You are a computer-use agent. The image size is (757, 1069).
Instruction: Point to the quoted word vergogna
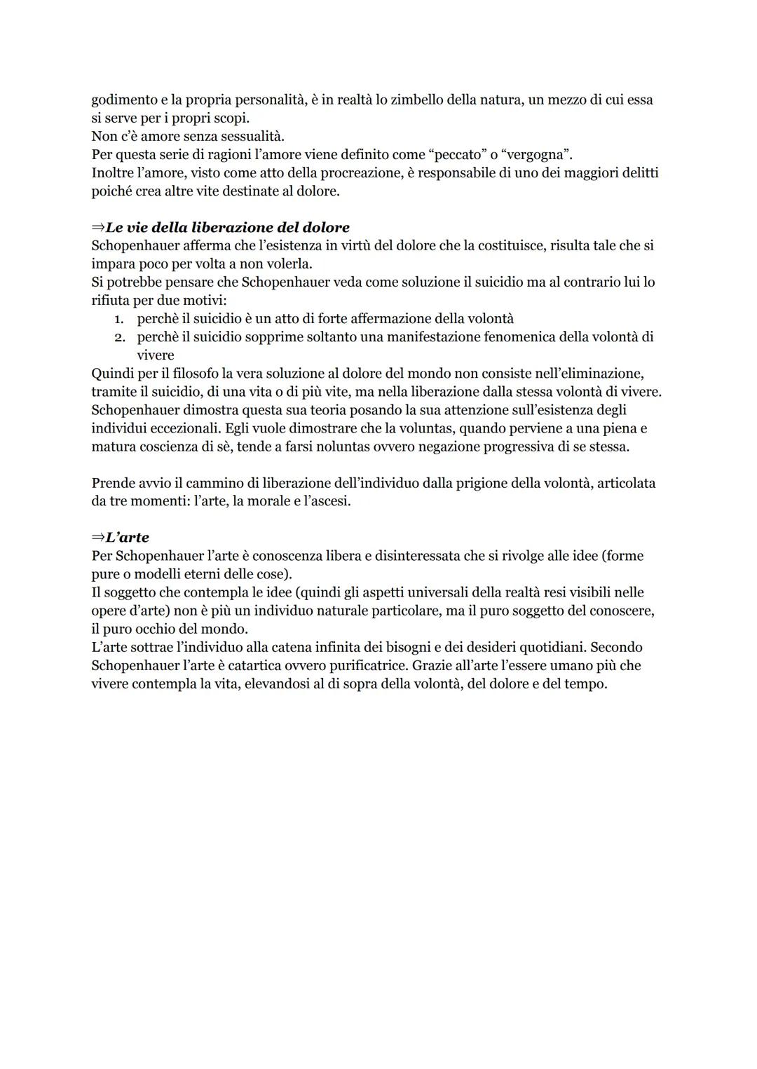point(536,154)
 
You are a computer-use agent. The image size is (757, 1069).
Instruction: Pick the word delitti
point(636,172)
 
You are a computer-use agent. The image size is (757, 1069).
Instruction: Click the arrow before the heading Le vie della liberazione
point(97,228)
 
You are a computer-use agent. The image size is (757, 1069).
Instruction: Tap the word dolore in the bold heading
point(326,228)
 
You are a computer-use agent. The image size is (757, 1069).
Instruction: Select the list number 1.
point(120,319)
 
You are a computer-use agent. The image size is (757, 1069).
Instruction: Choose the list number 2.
point(120,337)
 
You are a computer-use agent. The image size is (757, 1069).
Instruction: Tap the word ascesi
point(329,501)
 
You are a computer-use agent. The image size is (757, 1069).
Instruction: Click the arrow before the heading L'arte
point(97,538)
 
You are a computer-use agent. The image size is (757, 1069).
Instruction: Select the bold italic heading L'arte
point(128,538)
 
